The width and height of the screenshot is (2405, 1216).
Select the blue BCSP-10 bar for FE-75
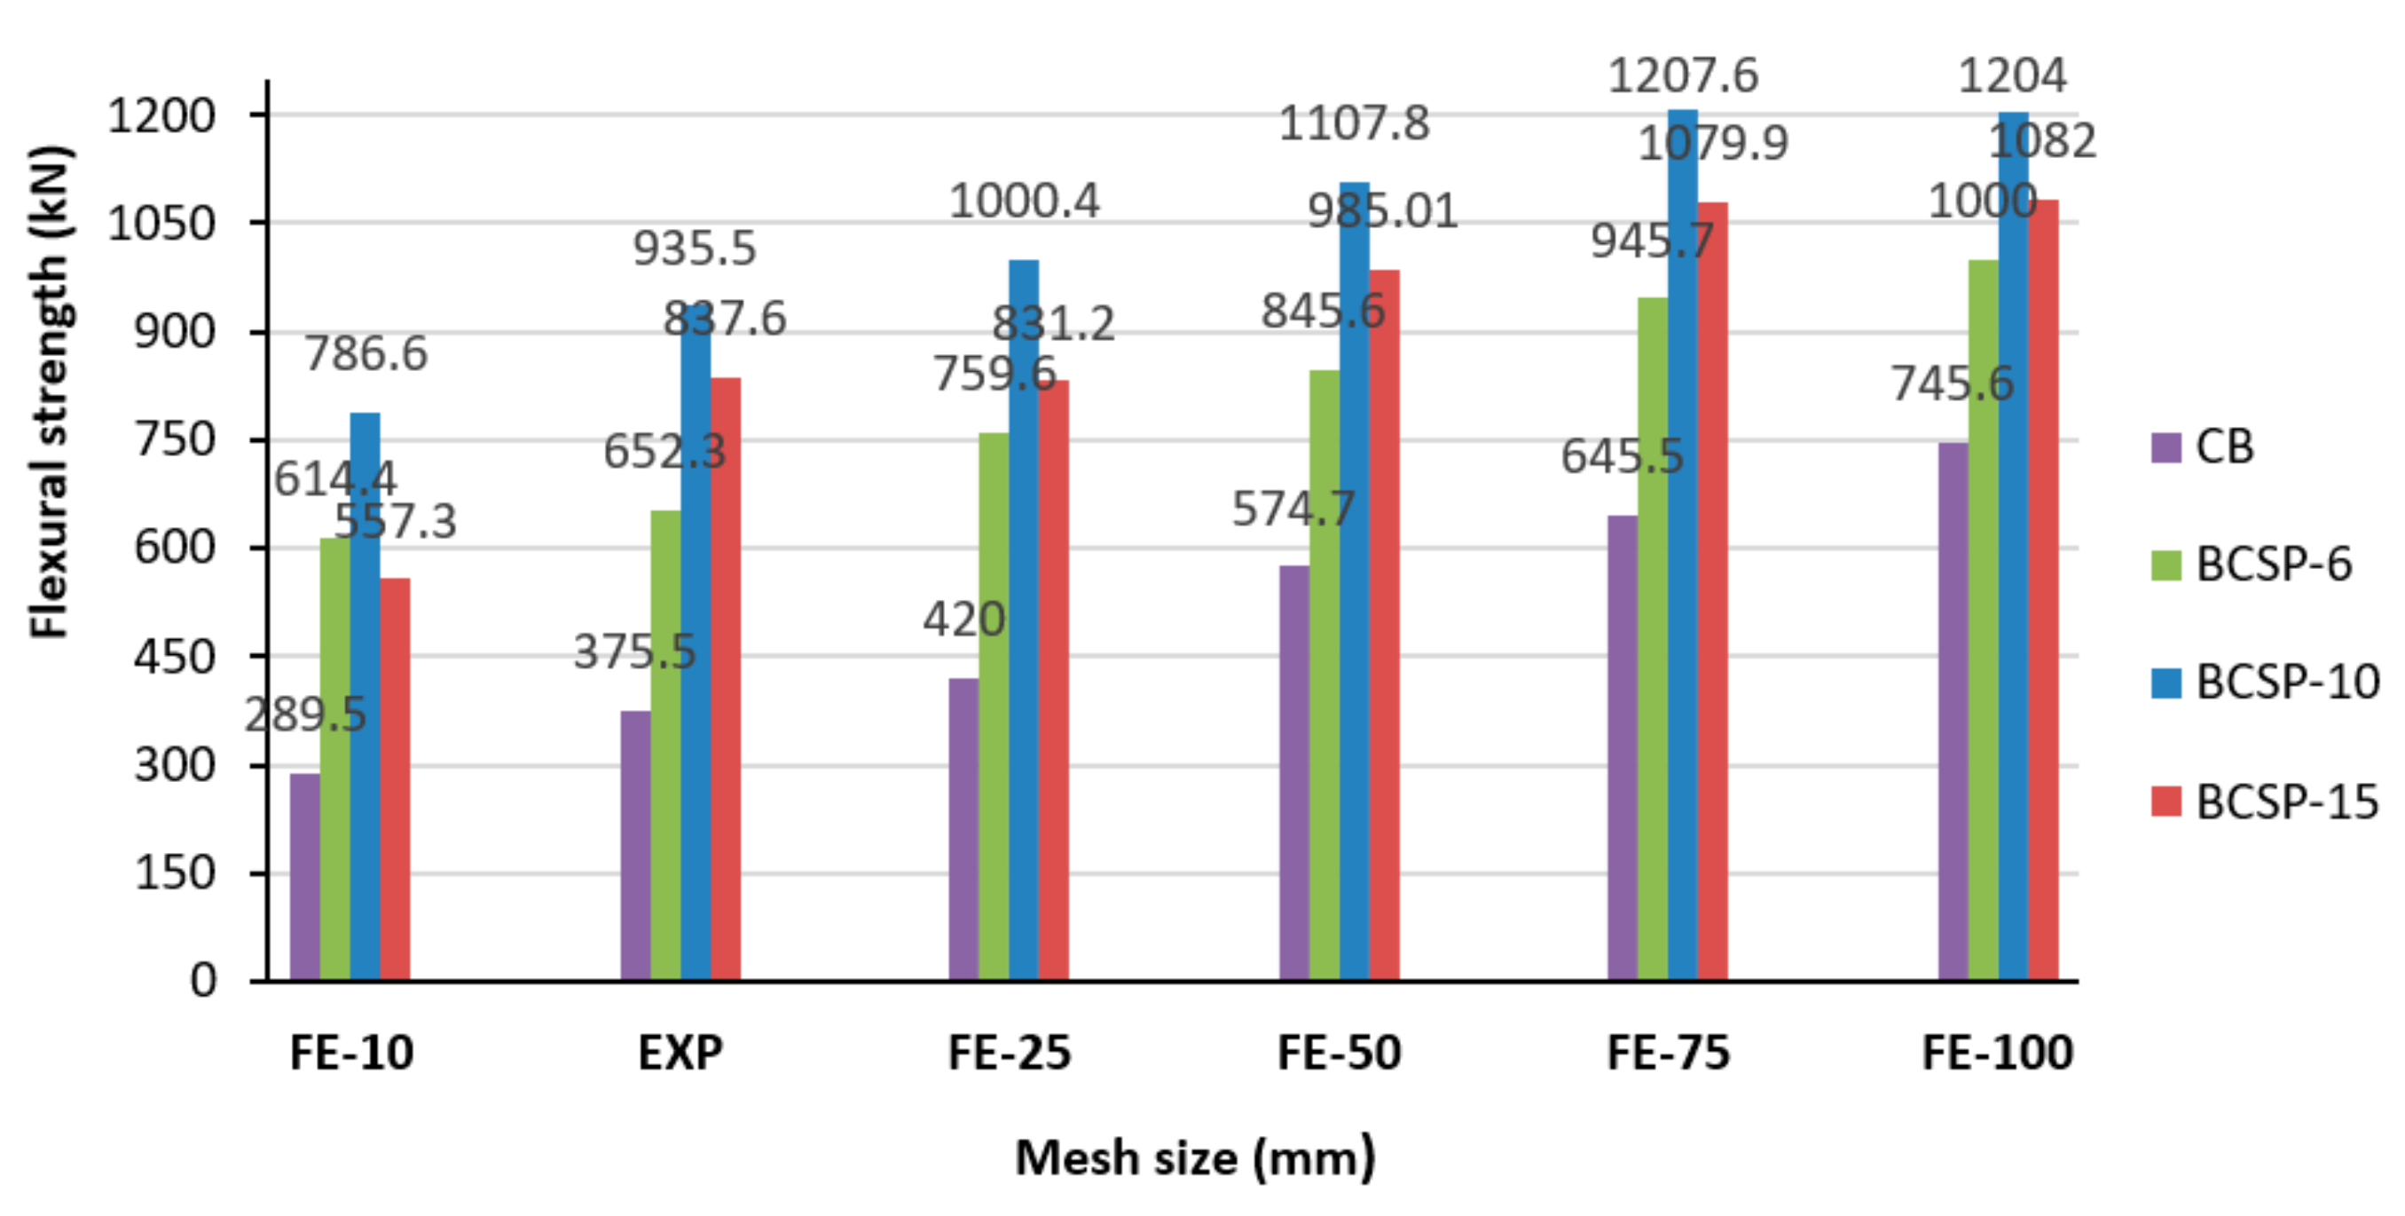[1682, 560]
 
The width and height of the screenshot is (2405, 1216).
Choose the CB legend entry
[2204, 446]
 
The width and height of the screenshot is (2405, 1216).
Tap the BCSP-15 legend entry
[2263, 801]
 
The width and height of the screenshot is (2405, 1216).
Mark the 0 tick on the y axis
[203, 981]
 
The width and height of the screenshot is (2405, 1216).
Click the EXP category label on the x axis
[680, 1054]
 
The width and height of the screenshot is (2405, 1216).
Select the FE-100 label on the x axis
[1997, 1054]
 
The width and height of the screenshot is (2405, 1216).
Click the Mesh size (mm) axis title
[1195, 1158]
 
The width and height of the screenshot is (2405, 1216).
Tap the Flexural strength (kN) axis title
[49, 392]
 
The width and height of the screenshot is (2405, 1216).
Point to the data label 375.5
[635, 651]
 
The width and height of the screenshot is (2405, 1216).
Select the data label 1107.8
[1354, 123]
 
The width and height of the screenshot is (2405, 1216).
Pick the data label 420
[964, 620]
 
